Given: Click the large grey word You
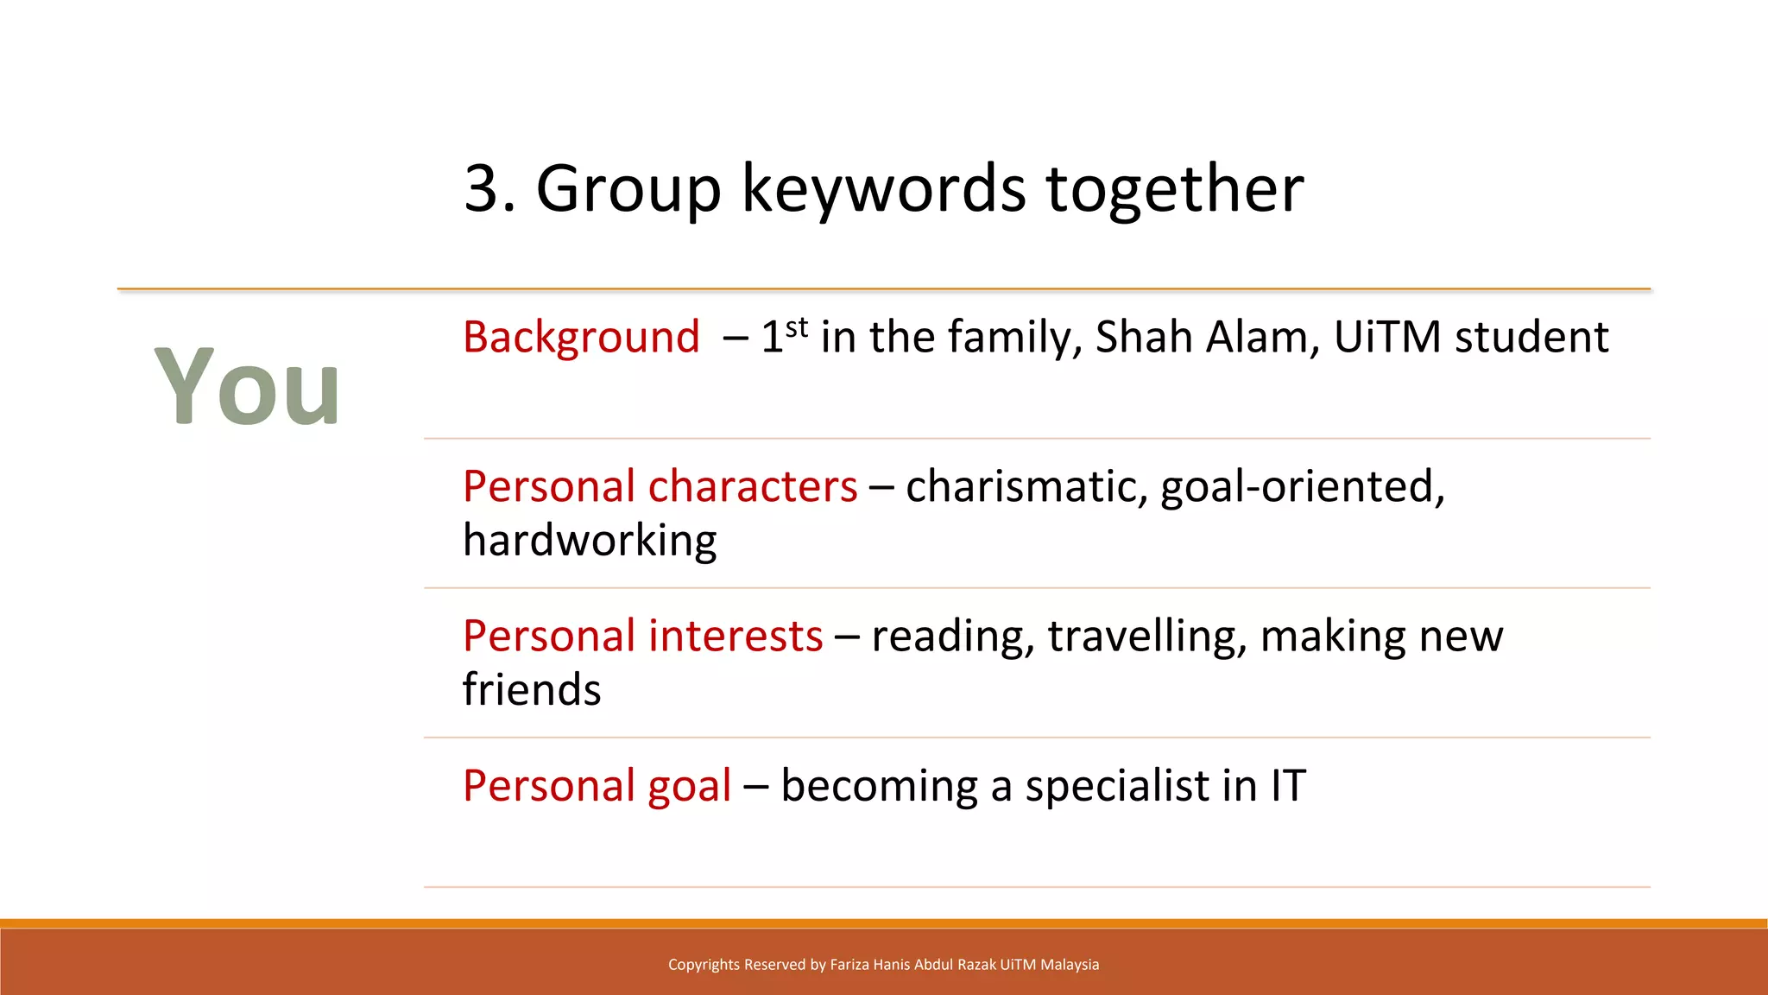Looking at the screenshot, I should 247,386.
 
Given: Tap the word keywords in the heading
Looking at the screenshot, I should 883,188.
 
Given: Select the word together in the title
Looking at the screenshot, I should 1174,188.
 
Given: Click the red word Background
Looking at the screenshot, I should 581,337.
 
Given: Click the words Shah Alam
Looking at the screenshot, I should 1207,337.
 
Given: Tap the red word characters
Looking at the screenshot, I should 753,486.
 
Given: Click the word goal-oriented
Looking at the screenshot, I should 1302,486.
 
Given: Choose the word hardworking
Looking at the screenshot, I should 590,541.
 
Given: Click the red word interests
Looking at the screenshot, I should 736,636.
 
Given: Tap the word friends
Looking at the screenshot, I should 532,689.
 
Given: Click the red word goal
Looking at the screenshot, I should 689,787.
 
